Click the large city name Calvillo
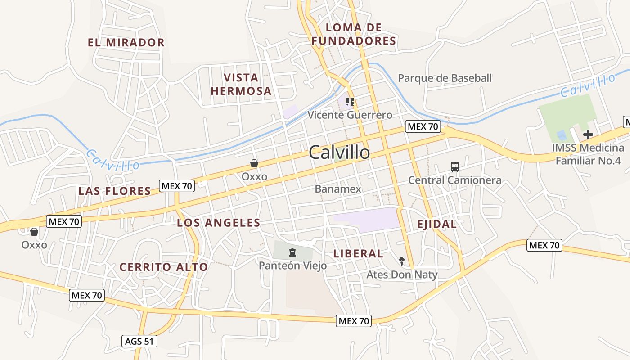pyautogui.click(x=339, y=153)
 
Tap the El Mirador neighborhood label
pyautogui.click(x=126, y=43)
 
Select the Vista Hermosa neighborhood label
pyautogui.click(x=241, y=84)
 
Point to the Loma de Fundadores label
pyautogui.click(x=354, y=34)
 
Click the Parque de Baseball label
pyautogui.click(x=445, y=78)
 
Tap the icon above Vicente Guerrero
pyautogui.click(x=350, y=102)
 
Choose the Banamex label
pyautogui.click(x=338, y=189)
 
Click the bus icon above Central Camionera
pyautogui.click(x=455, y=167)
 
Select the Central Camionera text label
pyautogui.click(x=454, y=180)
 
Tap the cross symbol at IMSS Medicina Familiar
pyautogui.click(x=588, y=134)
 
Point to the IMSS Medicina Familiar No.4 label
pyautogui.click(x=588, y=154)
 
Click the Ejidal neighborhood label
pyautogui.click(x=436, y=224)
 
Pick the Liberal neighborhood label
pyautogui.click(x=358, y=254)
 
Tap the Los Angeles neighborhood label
pyautogui.click(x=218, y=223)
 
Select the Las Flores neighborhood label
pyautogui.click(x=115, y=191)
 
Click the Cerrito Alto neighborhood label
pyautogui.click(x=164, y=267)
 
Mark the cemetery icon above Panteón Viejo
pyautogui.click(x=292, y=252)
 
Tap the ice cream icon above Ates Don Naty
pyautogui.click(x=402, y=261)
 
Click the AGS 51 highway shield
pyautogui.click(x=139, y=341)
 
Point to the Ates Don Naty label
pyautogui.click(x=402, y=274)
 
